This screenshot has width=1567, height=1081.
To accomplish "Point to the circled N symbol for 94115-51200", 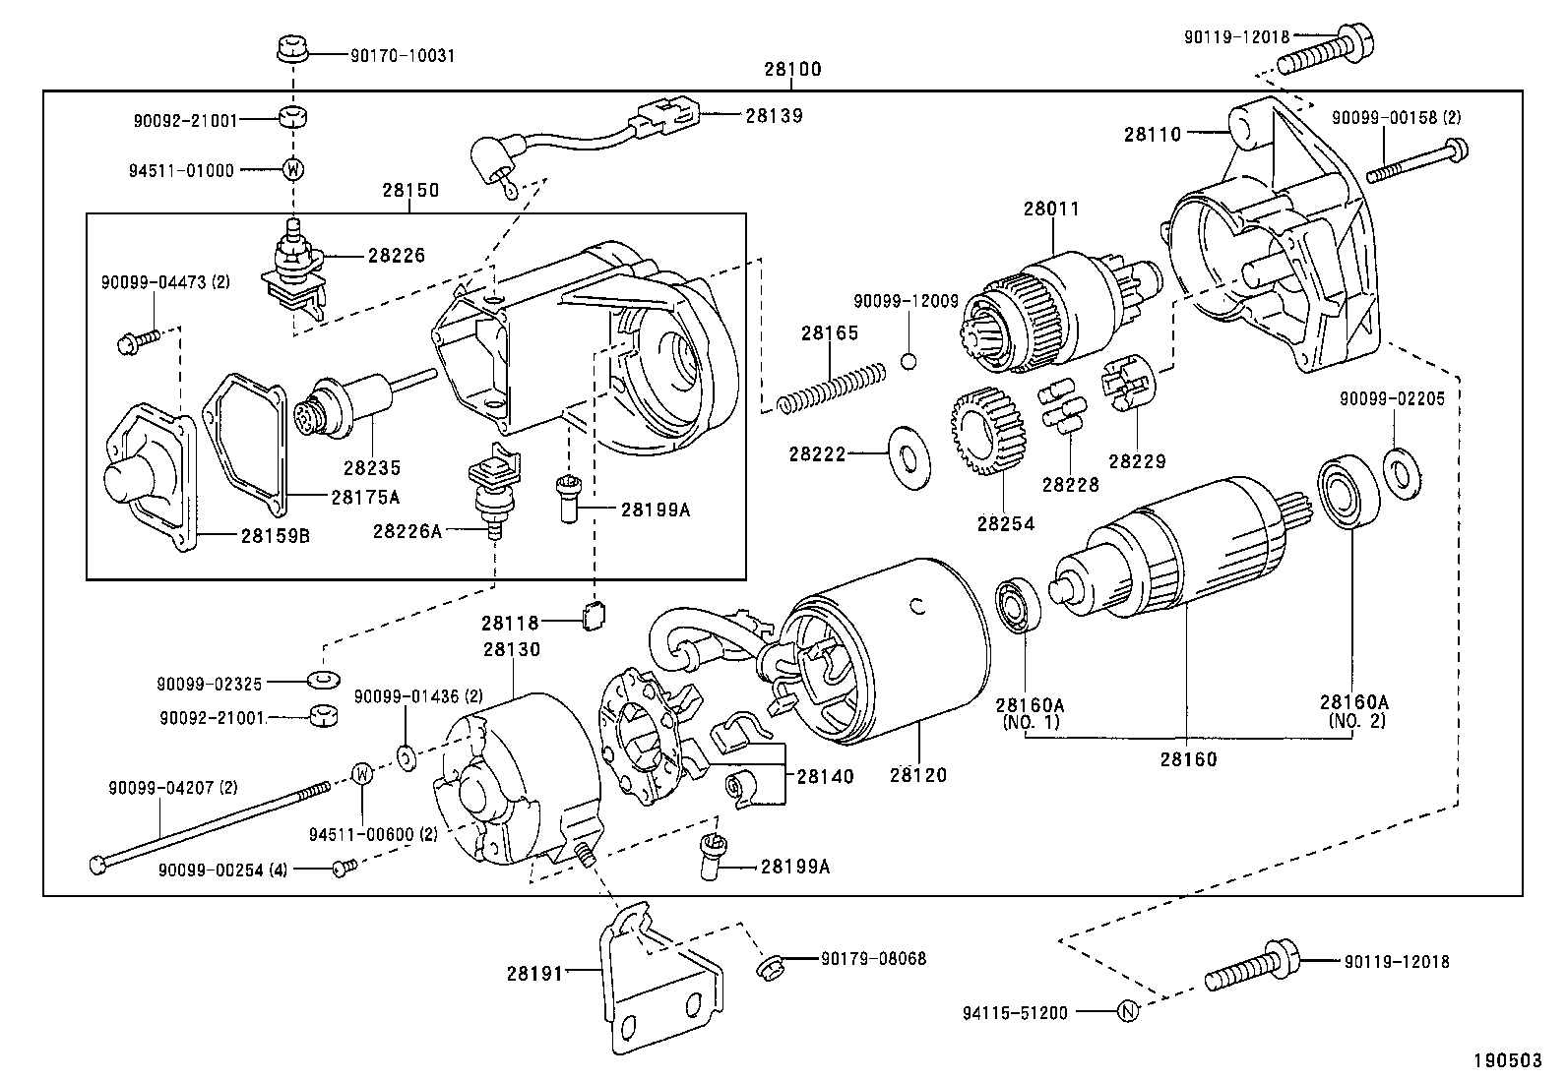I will (1128, 1011).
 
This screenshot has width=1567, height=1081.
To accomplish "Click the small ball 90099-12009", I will (909, 360).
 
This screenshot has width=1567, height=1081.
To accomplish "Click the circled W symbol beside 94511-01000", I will (292, 169).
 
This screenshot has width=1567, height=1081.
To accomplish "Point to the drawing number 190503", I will (1506, 1060).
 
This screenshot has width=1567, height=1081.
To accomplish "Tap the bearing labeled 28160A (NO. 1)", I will (1014, 607).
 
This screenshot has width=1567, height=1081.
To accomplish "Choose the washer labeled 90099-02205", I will (1399, 469).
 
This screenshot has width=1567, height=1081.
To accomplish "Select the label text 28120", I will (917, 775).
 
